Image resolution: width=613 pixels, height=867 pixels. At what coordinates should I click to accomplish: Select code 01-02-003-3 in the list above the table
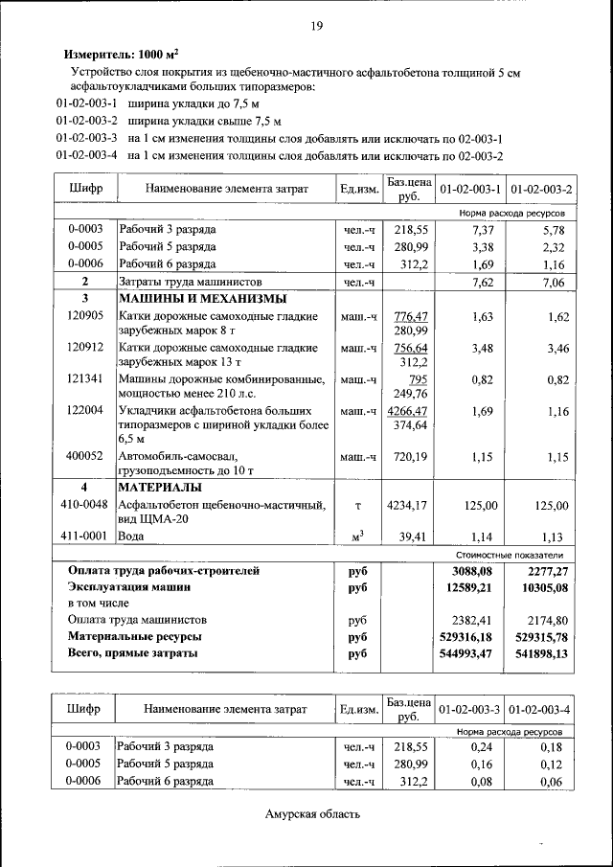click(86, 138)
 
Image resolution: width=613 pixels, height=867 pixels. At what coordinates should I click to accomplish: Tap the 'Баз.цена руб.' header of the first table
click(409, 188)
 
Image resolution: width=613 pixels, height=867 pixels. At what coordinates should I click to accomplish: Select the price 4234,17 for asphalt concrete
click(408, 505)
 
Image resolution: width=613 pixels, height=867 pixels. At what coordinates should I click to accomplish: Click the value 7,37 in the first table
click(482, 230)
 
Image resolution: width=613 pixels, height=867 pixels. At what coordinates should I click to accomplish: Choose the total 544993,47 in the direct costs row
click(470, 653)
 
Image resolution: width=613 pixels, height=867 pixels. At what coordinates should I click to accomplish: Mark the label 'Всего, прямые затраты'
click(133, 653)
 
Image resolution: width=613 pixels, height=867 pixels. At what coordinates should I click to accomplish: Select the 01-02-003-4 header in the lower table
click(540, 710)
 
